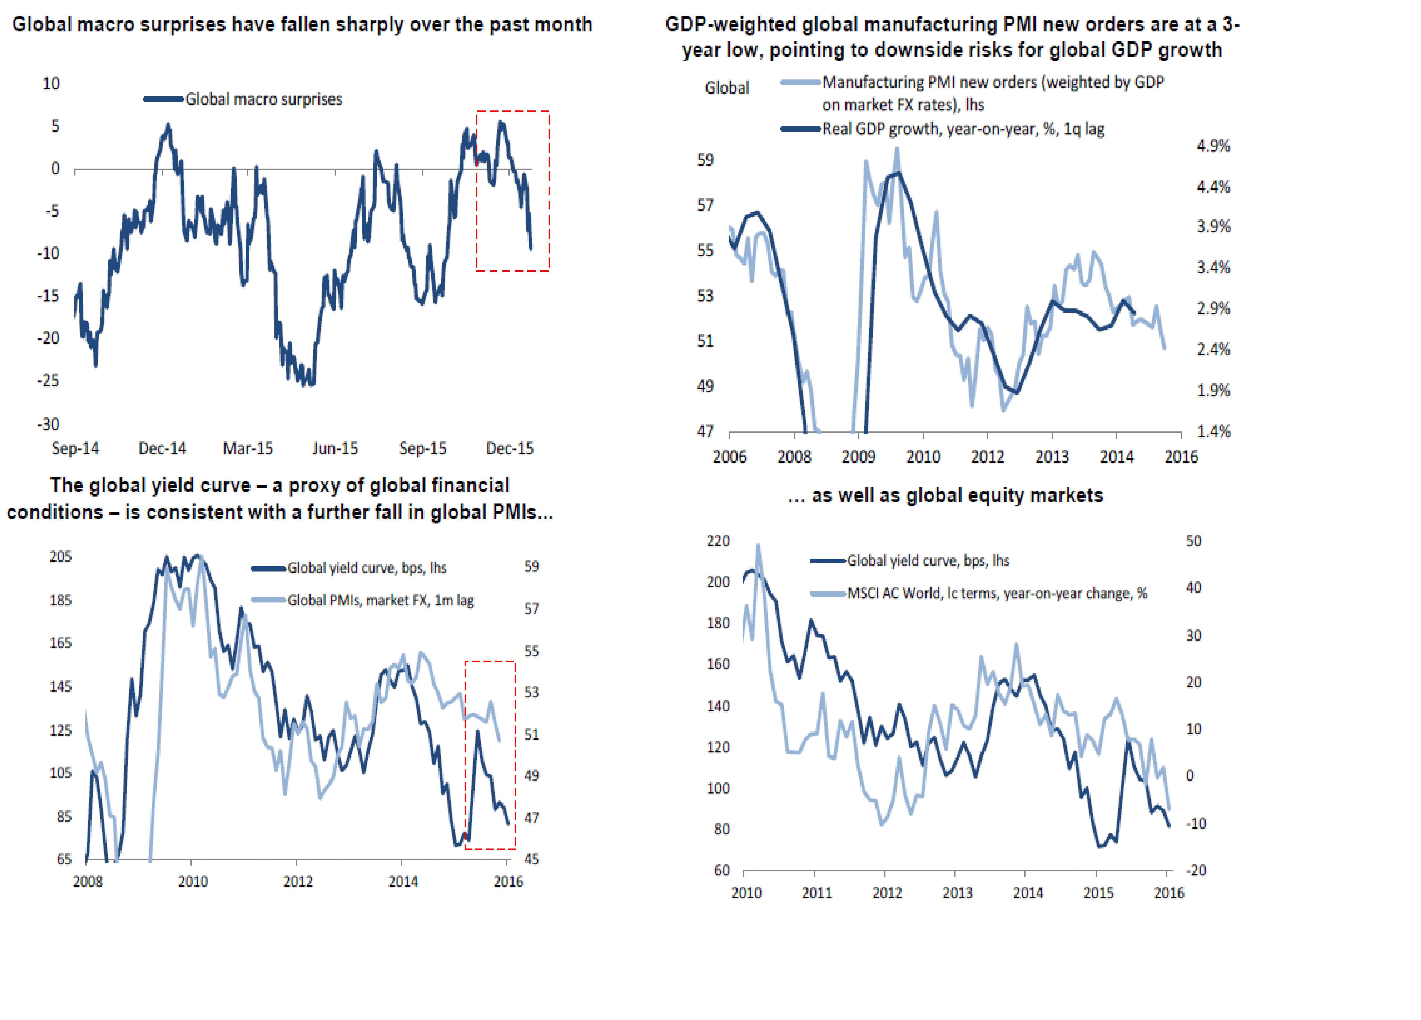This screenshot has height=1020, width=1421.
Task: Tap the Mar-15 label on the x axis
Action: pos(248,448)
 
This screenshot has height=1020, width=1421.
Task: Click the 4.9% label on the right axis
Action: pos(1213,146)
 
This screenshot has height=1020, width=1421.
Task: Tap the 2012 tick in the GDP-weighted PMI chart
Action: pos(987,457)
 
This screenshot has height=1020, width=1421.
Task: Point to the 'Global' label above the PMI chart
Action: pos(727,88)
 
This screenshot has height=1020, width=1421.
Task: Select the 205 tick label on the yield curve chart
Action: pos(61,556)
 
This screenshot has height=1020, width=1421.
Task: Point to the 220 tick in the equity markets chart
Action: pos(718,540)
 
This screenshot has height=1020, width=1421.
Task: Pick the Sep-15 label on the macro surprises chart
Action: pos(423,448)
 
